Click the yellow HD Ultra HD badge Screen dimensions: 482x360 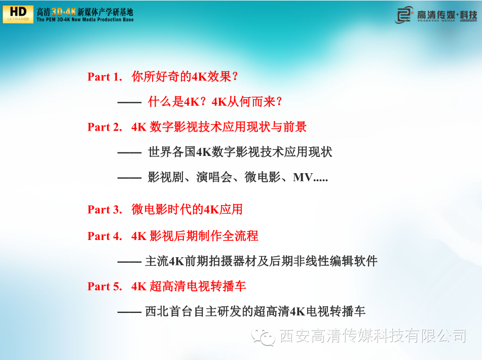[18, 14]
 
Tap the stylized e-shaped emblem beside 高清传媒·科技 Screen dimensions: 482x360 [404, 15]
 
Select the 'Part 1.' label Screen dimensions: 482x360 [105, 77]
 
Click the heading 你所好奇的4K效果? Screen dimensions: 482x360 [185, 76]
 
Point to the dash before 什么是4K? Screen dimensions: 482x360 [129, 102]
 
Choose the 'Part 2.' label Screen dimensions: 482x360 [105, 127]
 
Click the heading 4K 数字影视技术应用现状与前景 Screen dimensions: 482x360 [219, 127]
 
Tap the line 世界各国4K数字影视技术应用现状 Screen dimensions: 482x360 [240, 152]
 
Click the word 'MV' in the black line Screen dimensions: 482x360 [303, 178]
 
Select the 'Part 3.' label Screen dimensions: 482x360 [105, 210]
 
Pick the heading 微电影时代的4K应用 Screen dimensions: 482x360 [187, 210]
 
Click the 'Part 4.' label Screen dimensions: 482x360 [105, 236]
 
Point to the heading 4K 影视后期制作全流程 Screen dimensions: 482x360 [195, 236]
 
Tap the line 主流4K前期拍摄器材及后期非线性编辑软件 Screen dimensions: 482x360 [262, 261]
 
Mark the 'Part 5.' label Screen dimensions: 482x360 [105, 287]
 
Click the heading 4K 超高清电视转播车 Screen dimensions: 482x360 [189, 286]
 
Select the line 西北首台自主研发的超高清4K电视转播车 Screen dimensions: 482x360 [255, 311]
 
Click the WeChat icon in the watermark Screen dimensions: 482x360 [263, 336]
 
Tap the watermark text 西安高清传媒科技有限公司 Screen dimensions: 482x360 [373, 335]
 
